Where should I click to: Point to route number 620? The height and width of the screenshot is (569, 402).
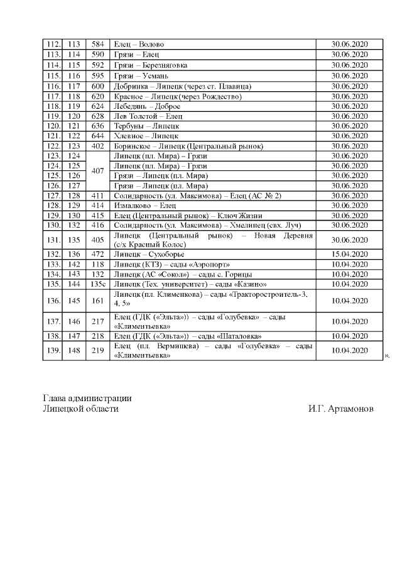click(x=97, y=96)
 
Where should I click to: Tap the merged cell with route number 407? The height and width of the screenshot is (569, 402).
click(x=97, y=170)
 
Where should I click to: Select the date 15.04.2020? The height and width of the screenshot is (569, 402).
click(x=349, y=254)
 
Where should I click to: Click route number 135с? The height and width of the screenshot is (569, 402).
click(x=97, y=284)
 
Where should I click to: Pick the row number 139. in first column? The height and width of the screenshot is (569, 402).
click(x=53, y=350)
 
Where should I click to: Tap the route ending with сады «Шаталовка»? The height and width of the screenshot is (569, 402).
click(x=178, y=336)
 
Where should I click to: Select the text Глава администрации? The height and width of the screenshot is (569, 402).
click(x=87, y=398)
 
